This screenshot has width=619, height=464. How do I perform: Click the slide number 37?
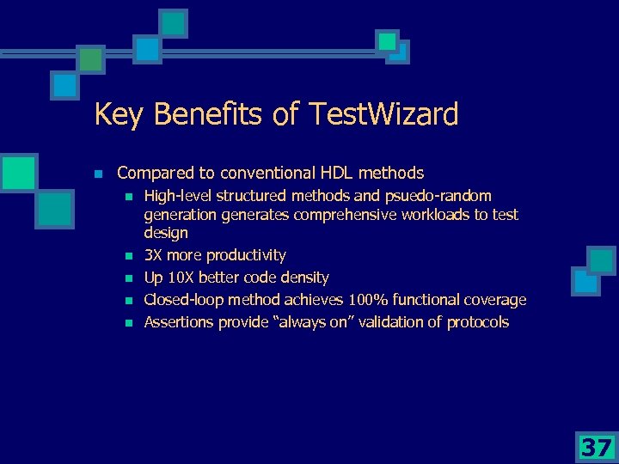click(596, 447)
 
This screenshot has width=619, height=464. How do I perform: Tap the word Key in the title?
click(117, 113)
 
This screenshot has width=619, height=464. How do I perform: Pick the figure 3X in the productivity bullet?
click(154, 255)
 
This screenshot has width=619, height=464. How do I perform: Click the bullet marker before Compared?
click(98, 174)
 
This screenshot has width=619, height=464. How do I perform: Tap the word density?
click(303, 278)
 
